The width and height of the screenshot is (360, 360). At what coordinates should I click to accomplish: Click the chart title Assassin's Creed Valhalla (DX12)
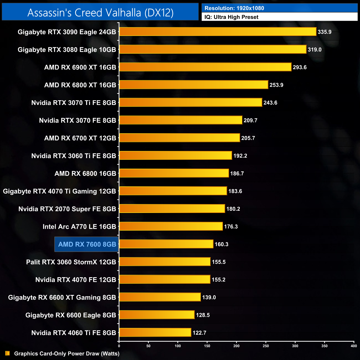click(x=100, y=12)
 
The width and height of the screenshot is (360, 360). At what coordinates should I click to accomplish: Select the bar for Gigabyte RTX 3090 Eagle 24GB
click(x=218, y=32)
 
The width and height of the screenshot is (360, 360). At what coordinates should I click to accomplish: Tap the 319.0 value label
click(x=315, y=50)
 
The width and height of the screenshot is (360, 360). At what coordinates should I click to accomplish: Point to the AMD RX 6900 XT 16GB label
click(x=80, y=67)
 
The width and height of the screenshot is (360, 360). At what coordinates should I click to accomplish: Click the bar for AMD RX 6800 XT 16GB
click(x=194, y=85)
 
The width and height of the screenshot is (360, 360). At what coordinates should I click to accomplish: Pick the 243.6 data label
click(x=270, y=103)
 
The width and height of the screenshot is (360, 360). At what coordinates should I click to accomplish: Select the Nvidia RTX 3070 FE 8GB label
click(x=78, y=120)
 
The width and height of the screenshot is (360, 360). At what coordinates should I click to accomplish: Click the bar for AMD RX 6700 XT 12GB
click(x=179, y=138)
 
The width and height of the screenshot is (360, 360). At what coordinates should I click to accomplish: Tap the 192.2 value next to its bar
click(x=240, y=156)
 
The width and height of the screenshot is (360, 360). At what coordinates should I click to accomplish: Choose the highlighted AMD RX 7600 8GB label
click(x=87, y=244)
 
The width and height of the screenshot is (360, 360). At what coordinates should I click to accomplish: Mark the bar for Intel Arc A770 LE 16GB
click(x=171, y=226)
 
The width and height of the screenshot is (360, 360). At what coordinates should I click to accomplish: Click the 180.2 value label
click(x=233, y=209)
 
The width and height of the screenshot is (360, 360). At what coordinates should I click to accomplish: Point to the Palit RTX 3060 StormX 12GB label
click(x=71, y=262)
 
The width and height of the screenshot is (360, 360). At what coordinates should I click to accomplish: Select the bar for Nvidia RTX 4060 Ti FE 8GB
click(x=155, y=332)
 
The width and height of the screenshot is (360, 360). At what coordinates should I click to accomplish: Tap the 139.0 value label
click(x=209, y=297)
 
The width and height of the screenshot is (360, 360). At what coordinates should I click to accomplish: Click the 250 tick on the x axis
click(x=266, y=346)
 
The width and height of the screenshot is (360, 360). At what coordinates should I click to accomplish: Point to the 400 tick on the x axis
click(x=354, y=346)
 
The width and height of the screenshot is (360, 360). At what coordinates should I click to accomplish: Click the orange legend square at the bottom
click(x=7, y=353)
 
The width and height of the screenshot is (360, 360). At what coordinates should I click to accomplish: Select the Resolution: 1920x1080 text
click(x=234, y=8)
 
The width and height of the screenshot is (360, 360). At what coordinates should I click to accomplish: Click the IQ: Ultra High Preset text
click(x=231, y=17)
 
